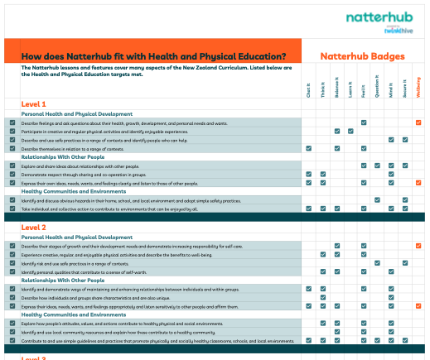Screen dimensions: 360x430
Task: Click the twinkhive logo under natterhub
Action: pos(398,31)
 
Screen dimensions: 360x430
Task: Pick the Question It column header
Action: pos(377,90)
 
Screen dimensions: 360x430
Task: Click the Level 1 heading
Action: pos(34,104)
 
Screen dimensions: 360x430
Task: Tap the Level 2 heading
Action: pos(34,227)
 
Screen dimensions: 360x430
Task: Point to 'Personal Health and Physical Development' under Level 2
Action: pos(76,237)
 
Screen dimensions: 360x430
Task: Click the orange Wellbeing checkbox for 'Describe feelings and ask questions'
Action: pos(418,122)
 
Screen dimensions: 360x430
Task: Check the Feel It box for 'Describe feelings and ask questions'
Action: pos(364,122)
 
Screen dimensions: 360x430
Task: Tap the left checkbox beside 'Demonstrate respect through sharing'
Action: pos(12,174)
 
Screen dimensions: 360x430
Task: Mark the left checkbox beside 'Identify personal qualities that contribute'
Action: pos(12,271)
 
